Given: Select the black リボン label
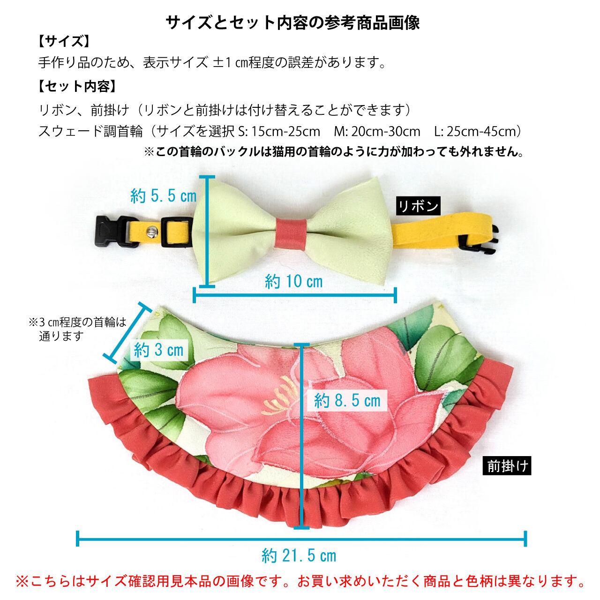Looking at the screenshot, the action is pyautogui.click(x=418, y=206).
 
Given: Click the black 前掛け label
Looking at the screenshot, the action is pyautogui.click(x=508, y=466).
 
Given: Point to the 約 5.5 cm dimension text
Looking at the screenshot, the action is pyautogui.click(x=163, y=196).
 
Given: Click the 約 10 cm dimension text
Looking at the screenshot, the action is pyautogui.click(x=294, y=281).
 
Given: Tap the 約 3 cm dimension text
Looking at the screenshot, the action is pyautogui.click(x=158, y=350).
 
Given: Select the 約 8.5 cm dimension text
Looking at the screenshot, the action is pyautogui.click(x=347, y=400).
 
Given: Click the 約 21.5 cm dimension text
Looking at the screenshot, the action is pyautogui.click(x=299, y=555).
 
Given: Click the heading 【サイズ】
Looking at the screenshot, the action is pyautogui.click(x=63, y=42).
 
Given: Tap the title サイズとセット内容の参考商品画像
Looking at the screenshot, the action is pyautogui.click(x=293, y=22).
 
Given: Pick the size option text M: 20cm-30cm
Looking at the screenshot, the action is pyautogui.click(x=377, y=131).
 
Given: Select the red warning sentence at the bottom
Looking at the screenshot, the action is pyautogui.click(x=300, y=582).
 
